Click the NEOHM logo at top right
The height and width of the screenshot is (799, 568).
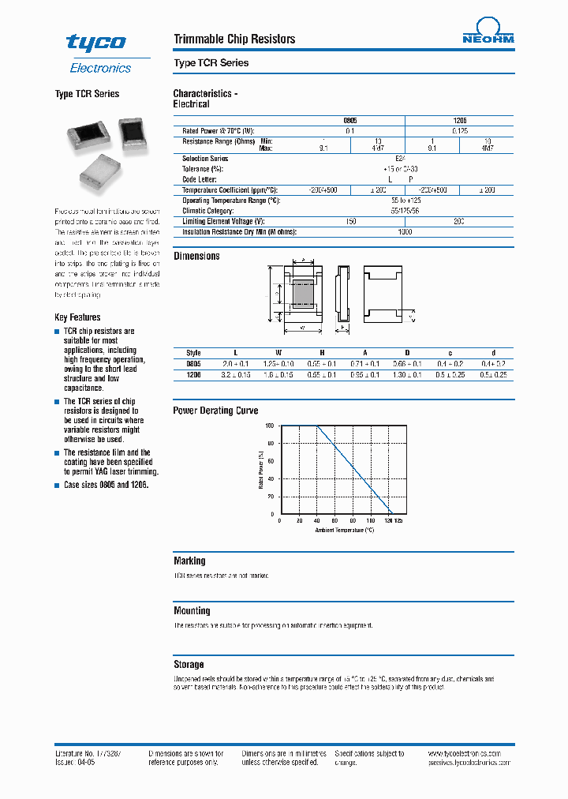pyautogui.click(x=488, y=34)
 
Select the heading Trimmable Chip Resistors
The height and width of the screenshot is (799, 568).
pyautogui.click(x=234, y=39)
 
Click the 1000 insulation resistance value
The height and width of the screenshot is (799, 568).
pyautogui.click(x=405, y=232)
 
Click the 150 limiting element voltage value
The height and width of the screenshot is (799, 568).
pyautogui.click(x=351, y=222)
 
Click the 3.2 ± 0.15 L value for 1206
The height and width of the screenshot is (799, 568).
pyautogui.click(x=235, y=375)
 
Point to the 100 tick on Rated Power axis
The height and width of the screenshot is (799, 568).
pyautogui.click(x=269, y=426)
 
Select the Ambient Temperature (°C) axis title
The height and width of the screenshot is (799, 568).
pyautogui.click(x=345, y=531)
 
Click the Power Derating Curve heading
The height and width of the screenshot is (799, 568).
pyautogui.click(x=215, y=411)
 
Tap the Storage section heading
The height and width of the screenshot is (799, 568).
pyautogui.click(x=189, y=664)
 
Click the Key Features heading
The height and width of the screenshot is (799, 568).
pyautogui.click(x=77, y=317)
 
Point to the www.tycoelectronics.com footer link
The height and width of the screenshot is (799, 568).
pyautogui.click(x=472, y=754)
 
